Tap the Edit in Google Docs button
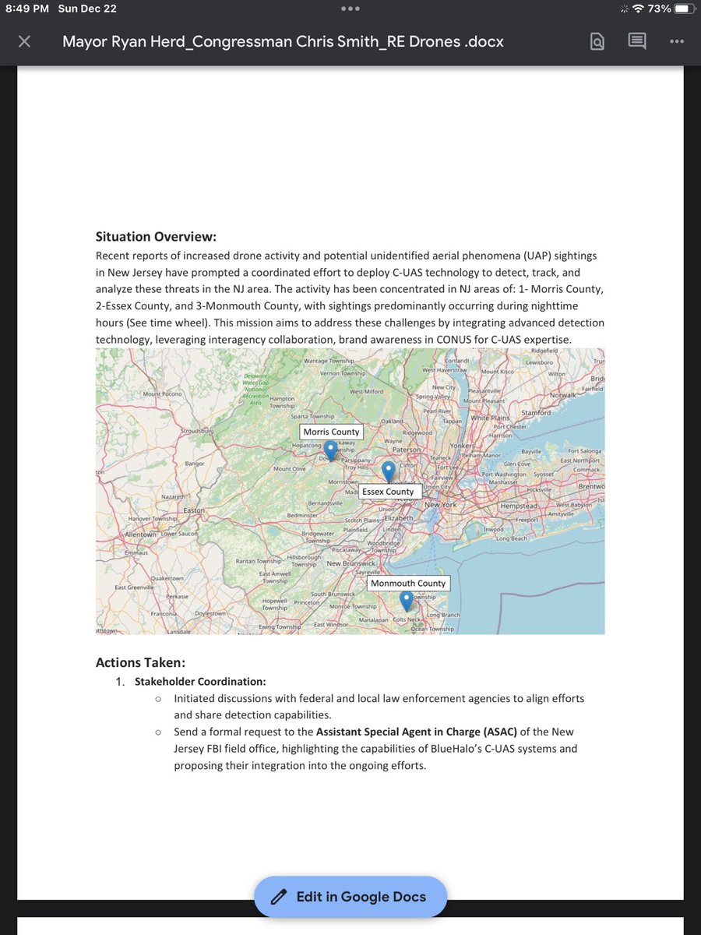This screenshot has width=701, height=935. (350, 897)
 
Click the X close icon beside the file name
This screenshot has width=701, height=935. (24, 41)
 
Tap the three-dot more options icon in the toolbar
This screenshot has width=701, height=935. (675, 41)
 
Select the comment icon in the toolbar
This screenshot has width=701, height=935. (637, 41)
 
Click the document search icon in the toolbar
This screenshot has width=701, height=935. (597, 41)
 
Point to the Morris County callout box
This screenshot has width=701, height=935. (332, 432)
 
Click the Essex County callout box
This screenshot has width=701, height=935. (389, 492)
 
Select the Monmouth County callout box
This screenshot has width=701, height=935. (408, 583)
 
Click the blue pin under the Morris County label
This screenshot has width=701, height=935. (330, 450)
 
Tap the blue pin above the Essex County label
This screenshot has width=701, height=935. (389, 471)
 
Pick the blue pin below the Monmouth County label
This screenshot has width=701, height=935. (406, 601)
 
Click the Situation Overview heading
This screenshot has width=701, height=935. (156, 237)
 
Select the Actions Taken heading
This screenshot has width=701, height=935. (140, 662)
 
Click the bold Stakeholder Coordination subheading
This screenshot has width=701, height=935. (200, 681)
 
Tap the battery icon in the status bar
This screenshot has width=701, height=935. (682, 9)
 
